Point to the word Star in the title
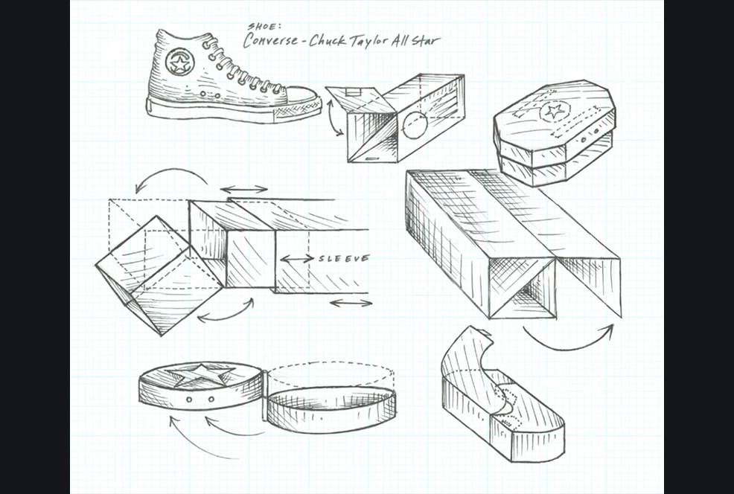tap(425, 39)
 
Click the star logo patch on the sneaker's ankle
tap(179, 62)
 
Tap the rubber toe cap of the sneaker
tap(302, 96)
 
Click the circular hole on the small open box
tap(415, 126)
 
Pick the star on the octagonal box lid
tap(553, 112)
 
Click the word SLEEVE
tap(344, 259)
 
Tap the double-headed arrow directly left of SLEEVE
tap(297, 259)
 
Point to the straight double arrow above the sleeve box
tap(245, 189)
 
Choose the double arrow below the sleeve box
tap(350, 303)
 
